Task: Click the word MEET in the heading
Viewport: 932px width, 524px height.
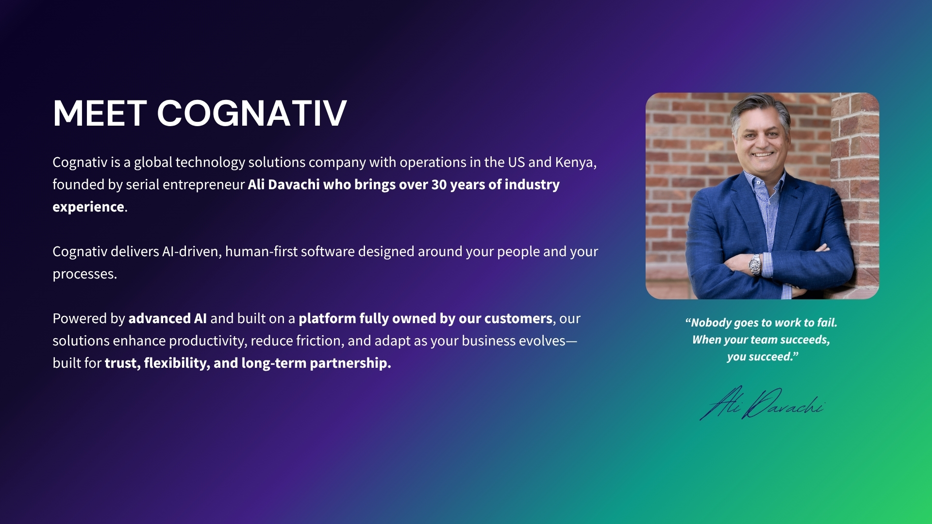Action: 100,114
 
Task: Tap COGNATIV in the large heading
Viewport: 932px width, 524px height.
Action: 251,114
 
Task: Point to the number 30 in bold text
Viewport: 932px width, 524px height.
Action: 439,185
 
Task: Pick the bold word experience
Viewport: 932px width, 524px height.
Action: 88,207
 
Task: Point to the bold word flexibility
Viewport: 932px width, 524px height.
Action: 176,363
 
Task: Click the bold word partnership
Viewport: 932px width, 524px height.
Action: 349,363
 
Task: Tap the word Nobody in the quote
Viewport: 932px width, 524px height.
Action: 711,323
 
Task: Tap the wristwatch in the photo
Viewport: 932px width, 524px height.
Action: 755,264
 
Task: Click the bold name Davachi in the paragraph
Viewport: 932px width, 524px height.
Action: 294,185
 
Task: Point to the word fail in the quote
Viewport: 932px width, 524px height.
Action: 827,323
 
